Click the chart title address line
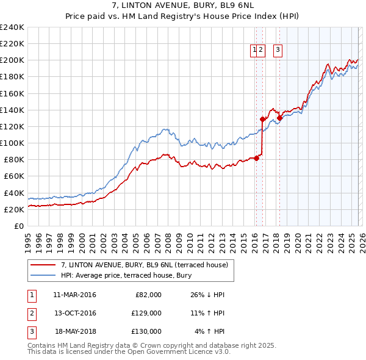click(x=183, y=5)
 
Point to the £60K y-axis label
click(x=14, y=176)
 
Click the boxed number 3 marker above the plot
click(x=278, y=50)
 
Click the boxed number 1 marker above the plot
click(x=254, y=50)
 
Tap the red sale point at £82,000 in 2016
click(x=256, y=158)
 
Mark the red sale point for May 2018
click(x=279, y=118)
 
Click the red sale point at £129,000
click(x=262, y=119)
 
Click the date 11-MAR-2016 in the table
click(x=74, y=295)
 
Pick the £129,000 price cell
click(x=146, y=313)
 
